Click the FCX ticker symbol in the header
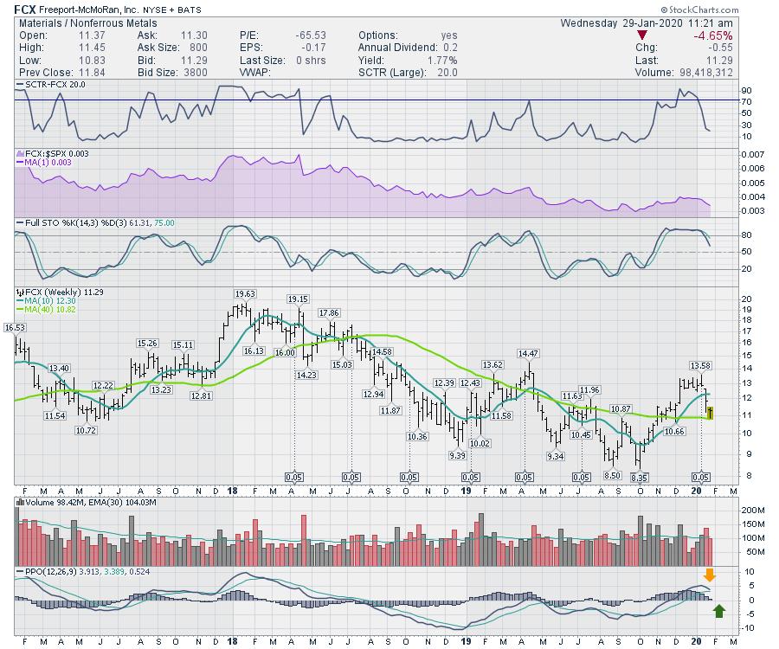tap(25, 10)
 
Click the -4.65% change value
tap(715, 35)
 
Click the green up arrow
tap(718, 614)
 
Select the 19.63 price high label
tap(245, 294)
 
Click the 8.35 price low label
tap(640, 477)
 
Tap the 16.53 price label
tap(14, 328)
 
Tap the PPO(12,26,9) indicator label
tap(46, 571)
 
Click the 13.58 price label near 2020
tap(699, 365)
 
